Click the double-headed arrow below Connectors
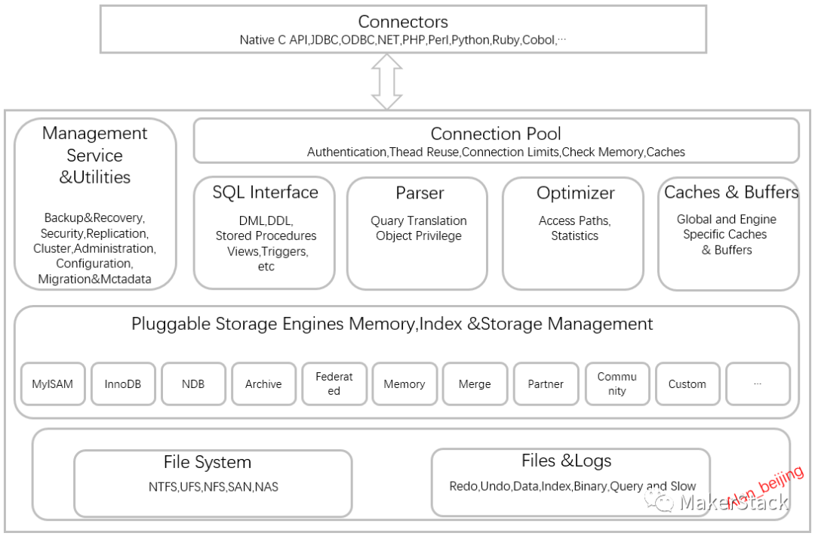386,82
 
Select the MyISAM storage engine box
53,384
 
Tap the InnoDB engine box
123,384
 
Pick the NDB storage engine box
193,384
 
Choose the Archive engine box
264,384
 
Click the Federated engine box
334,384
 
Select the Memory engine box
404,384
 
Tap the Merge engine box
475,384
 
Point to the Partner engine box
546,384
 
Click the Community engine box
617,384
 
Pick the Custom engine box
687,384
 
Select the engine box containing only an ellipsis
758,384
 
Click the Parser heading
420,193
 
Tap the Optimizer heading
575,193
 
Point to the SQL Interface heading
265,193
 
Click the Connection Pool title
496,134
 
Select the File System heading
208,462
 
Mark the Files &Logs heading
567,461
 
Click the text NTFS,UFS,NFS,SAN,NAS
213,487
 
